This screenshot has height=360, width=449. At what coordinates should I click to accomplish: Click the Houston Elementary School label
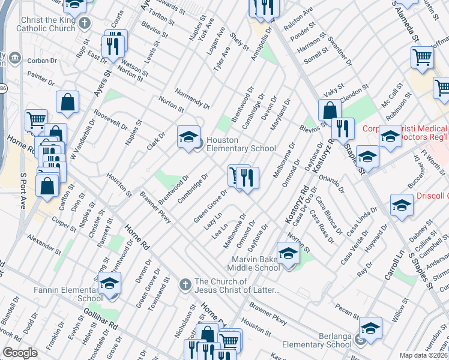coord(241,144)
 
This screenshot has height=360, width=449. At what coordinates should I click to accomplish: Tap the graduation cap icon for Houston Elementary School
coord(188,137)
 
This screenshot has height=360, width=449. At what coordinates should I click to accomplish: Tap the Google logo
coord(20,353)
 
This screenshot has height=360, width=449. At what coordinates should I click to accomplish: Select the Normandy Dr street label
coord(192,98)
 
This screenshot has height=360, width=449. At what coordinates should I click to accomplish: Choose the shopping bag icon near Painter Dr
coord(68,103)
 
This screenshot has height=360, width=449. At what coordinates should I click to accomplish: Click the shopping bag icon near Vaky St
coord(330,110)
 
